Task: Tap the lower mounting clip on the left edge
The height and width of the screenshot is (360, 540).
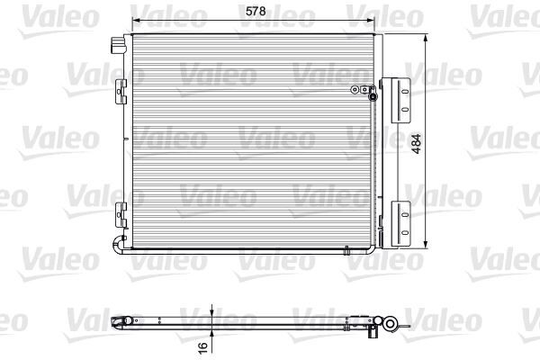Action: (121, 213)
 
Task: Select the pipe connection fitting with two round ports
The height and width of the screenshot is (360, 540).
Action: (363, 89)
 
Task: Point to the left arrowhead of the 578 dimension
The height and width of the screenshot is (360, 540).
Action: (135, 20)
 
